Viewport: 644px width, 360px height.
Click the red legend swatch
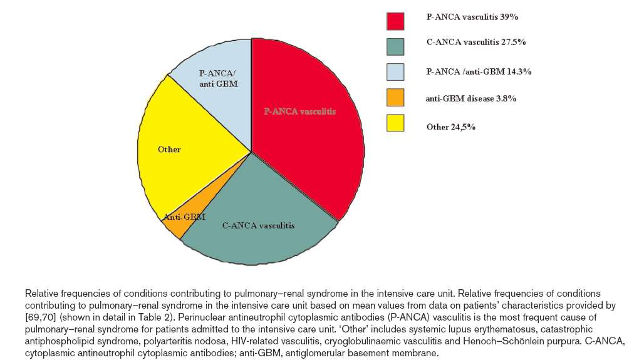[395, 21]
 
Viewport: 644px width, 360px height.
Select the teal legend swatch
[395, 46]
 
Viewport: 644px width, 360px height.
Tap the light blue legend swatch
[395, 72]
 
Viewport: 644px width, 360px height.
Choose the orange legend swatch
[395, 97]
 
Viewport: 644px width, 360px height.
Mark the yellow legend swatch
[395, 123]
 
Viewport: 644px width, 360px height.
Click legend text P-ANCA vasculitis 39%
[472, 17]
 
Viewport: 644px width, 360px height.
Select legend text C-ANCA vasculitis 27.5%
[476, 42]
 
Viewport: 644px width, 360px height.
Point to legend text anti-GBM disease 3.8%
[470, 98]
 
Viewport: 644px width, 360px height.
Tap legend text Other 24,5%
[450, 127]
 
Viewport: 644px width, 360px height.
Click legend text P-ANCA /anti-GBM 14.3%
[479, 71]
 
